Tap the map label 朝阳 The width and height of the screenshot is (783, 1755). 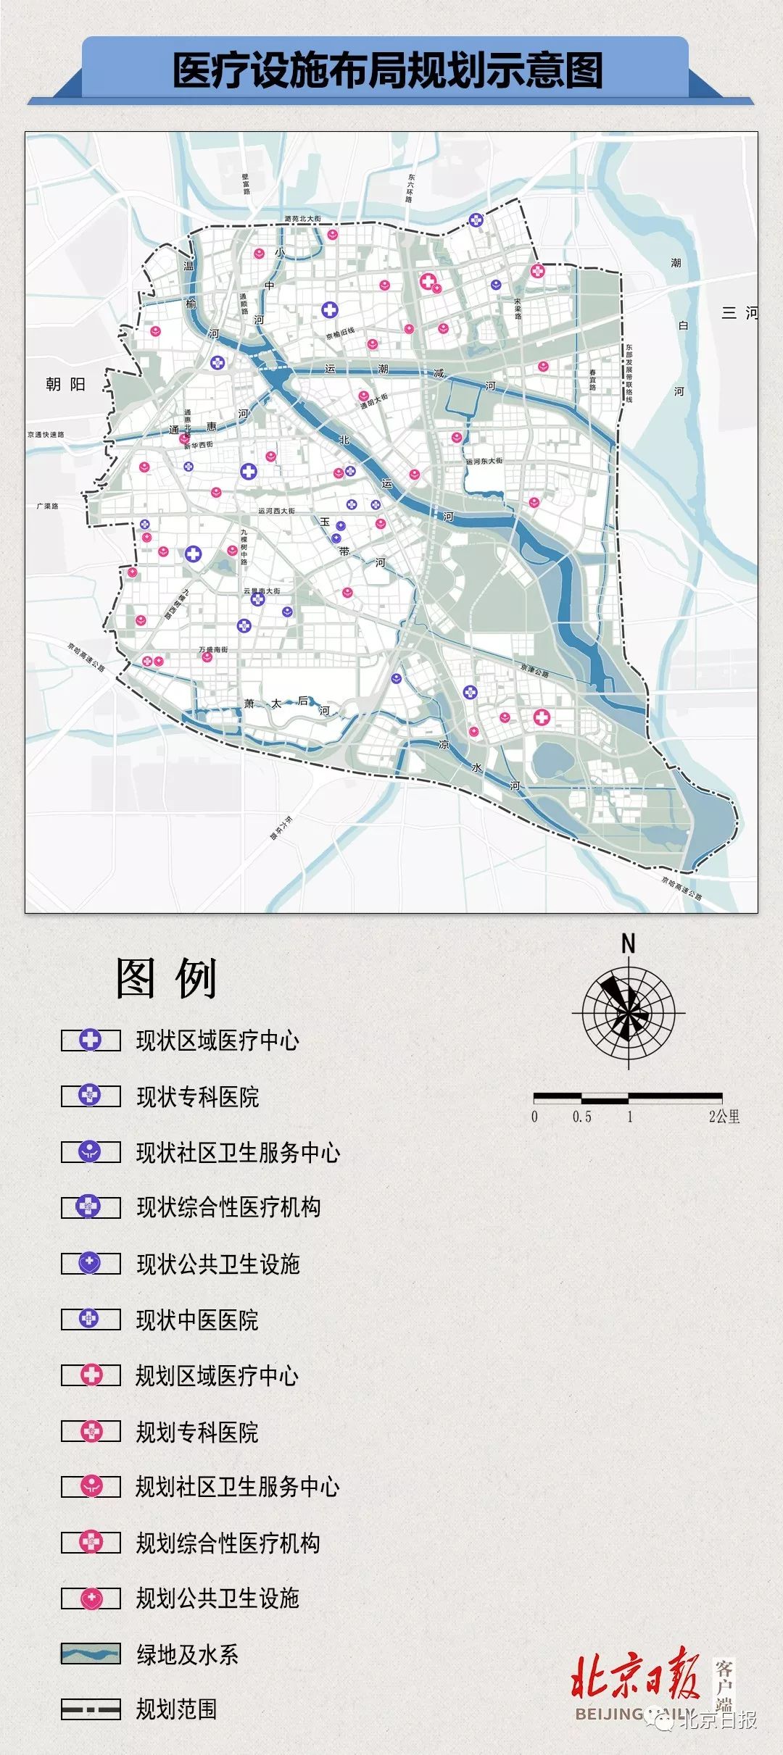(65, 385)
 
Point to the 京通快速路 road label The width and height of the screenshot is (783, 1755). (46, 435)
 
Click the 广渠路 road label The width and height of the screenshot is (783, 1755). (47, 506)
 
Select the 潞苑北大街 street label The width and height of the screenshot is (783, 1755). (302, 218)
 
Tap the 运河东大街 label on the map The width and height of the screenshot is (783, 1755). (484, 461)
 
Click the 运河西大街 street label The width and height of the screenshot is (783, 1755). (277, 511)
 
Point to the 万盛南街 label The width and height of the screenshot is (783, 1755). (213, 650)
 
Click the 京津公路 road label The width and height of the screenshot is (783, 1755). (534, 671)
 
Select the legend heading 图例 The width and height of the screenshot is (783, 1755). (167, 979)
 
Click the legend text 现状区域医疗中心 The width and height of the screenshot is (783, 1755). (217, 1041)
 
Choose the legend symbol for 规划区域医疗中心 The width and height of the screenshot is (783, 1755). (91, 1375)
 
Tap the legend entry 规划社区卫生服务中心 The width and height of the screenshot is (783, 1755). (237, 1487)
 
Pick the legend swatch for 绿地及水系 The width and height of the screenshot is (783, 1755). (91, 1654)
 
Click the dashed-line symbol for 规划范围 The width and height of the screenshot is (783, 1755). (91, 1709)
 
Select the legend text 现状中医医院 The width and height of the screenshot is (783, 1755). (197, 1320)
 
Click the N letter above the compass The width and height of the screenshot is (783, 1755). (628, 943)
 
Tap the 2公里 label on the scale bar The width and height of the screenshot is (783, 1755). (724, 1117)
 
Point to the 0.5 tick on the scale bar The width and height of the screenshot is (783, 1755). (581, 1117)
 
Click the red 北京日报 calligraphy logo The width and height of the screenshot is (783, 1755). (634, 1674)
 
